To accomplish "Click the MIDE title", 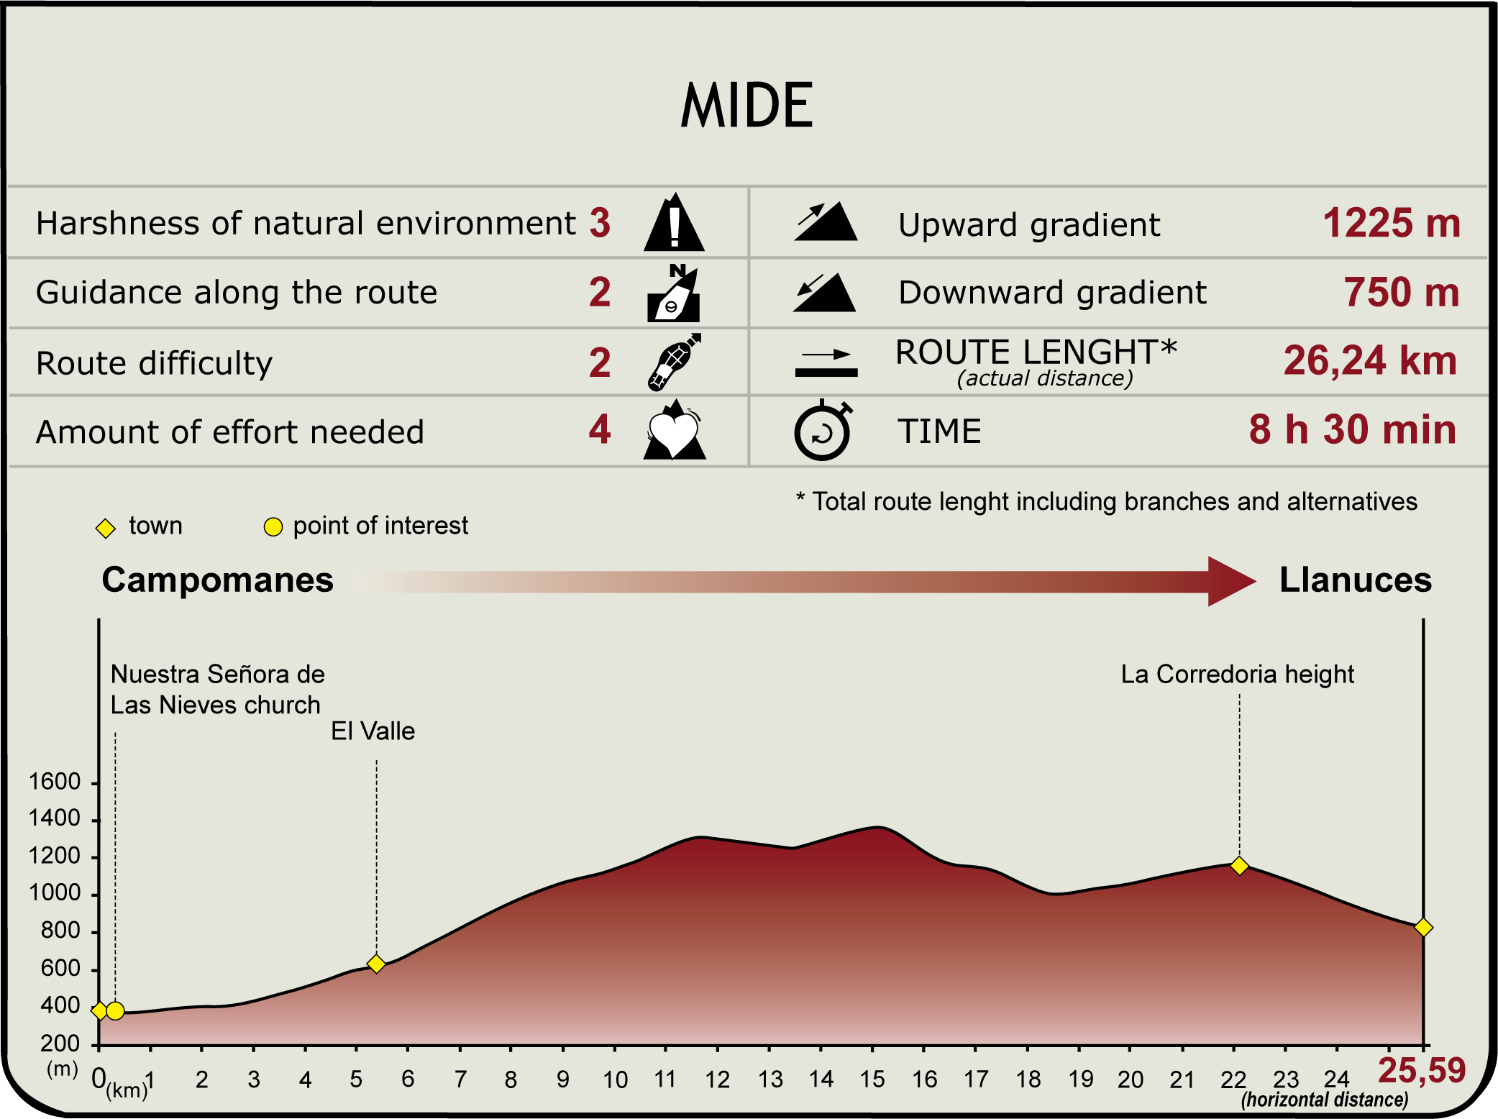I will pos(747,106).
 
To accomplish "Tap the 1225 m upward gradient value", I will pos(1391,223).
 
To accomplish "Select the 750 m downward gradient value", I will pos(1401,293).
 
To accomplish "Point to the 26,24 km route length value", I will pos(1370,360).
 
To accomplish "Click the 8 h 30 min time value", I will pos(1352,429).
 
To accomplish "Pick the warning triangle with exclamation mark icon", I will pos(674,223).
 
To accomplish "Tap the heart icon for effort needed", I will pos(674,431).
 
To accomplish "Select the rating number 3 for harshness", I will pos(600,223).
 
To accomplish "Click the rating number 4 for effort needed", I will pos(600,429).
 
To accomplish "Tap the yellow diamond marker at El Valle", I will pos(376,964).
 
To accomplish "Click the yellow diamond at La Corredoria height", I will pos(1239,866).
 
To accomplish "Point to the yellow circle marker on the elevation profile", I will pos(115,1011).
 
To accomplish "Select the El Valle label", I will pos(373,731).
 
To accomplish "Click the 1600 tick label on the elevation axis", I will pos(55,782).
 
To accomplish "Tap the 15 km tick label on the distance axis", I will pos(872,1079).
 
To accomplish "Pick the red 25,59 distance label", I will pos(1421,1071).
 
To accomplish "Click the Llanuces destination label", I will pos(1355,580).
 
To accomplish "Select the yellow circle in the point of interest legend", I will pos(273,527).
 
